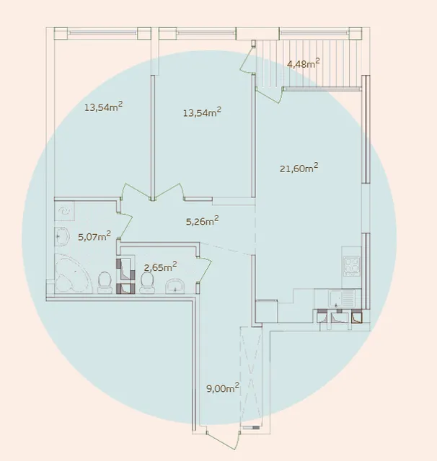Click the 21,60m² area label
tap(299, 168)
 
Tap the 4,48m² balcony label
tap(303, 63)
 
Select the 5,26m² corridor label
tap(202, 220)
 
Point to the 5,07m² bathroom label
tap(94, 236)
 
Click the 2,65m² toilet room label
tap(160, 267)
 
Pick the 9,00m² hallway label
tap(223, 388)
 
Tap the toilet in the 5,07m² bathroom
tap(105, 283)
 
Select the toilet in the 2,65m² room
tap(147, 283)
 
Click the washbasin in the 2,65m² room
tap(175, 287)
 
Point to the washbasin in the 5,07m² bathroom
tap(62, 236)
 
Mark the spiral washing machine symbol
tap(64, 211)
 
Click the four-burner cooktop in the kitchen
tap(352, 267)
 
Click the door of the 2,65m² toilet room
tap(205, 270)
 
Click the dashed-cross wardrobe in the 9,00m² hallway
tap(251, 376)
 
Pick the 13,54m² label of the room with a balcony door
tap(202, 112)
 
